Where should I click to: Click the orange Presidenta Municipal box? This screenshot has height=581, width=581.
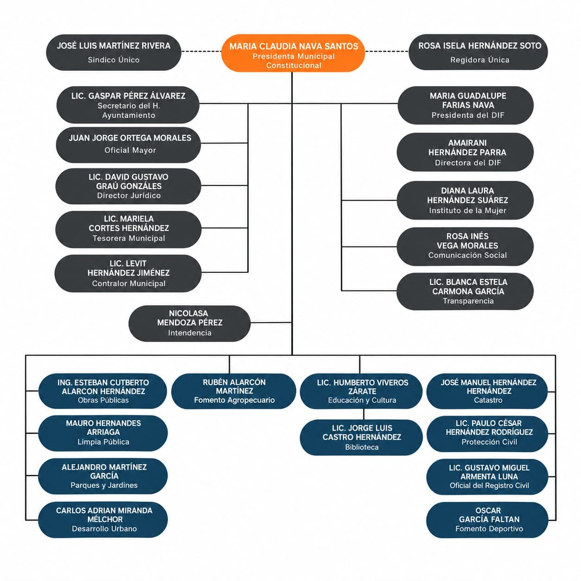pos(293,53)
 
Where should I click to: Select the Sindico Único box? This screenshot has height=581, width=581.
pos(114,52)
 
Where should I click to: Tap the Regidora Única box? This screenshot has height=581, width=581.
pos(478,52)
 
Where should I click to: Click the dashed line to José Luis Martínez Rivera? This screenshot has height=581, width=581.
pos(201,51)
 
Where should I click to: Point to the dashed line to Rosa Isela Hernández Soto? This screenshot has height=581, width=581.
pos(387,51)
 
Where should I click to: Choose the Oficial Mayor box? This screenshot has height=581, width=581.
pos(128,145)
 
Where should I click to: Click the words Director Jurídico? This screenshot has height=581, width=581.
pos(129,196)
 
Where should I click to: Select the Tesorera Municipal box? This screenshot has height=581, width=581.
pos(128,229)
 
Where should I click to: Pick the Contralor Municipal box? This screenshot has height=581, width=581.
pos(128,273)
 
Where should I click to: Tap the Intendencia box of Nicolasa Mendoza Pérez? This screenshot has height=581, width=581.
pos(189,323)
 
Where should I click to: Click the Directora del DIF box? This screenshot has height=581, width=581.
pos(465,152)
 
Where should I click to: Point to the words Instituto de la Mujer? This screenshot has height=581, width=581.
pos(467,210)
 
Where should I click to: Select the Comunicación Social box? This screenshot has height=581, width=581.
pos(465,246)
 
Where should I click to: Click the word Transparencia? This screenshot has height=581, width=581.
pos(468,301)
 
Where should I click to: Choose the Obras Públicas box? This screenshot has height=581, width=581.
pos(103,391)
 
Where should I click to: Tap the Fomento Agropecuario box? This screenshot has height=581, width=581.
pos(234,391)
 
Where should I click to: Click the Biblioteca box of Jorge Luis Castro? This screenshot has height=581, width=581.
pos(361,437)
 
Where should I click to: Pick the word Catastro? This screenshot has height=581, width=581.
pos(488,400)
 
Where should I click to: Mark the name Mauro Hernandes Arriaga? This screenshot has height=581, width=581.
pos(103,428)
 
